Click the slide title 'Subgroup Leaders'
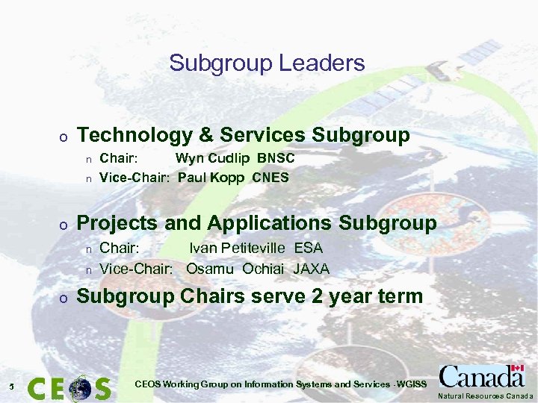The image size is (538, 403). tap(267, 63)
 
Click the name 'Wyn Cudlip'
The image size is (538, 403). tap(213, 159)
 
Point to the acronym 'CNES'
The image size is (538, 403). tap(270, 178)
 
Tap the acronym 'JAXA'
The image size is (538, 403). tap(312, 269)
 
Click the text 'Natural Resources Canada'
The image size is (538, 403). tap(486, 396)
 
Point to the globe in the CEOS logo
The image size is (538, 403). tap(80, 388)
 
